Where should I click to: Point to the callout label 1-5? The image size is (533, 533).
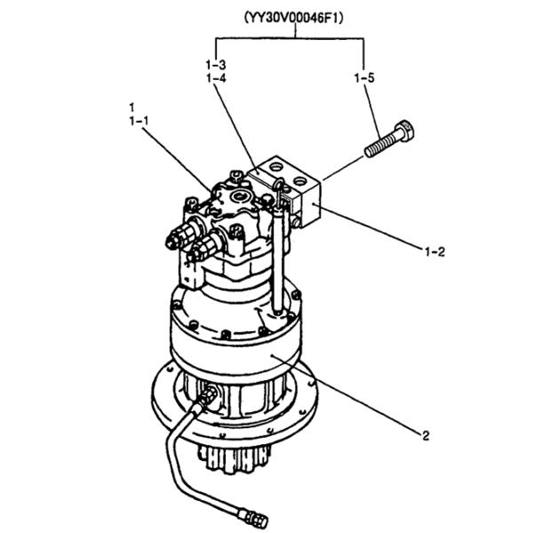click(x=363, y=79)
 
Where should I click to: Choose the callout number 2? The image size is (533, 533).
click(x=426, y=435)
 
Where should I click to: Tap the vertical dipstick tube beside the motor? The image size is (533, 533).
click(x=278, y=258)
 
